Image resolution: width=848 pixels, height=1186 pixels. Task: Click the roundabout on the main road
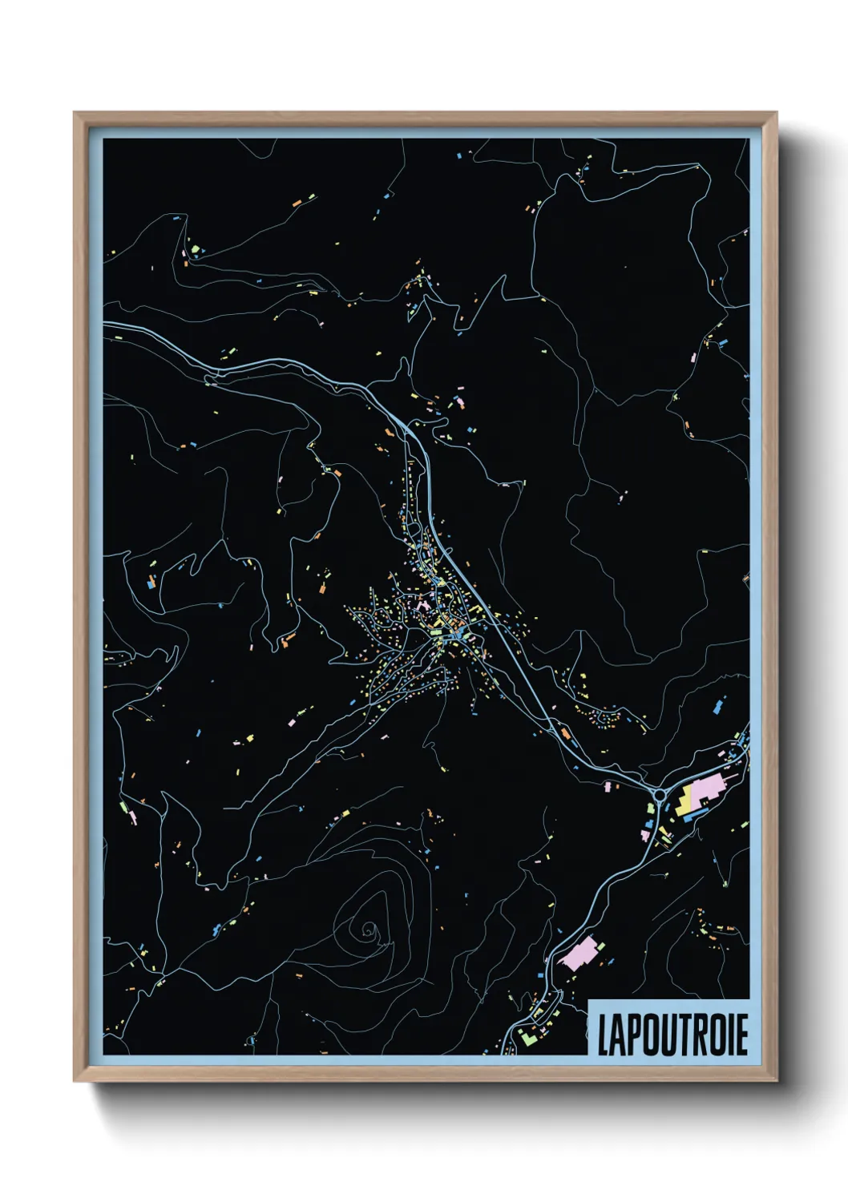[660, 794]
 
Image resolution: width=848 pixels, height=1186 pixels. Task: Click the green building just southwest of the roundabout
[648, 824]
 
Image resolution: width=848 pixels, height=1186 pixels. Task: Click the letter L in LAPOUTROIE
[603, 1035]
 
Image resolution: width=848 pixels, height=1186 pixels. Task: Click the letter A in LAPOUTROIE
[617, 1035]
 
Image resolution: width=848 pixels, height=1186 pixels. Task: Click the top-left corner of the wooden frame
[75, 113]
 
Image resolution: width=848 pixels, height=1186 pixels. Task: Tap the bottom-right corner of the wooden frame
[776, 1081]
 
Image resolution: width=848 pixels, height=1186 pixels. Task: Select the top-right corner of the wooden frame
[776, 113]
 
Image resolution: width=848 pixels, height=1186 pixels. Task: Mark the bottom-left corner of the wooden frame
[75, 1081]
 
